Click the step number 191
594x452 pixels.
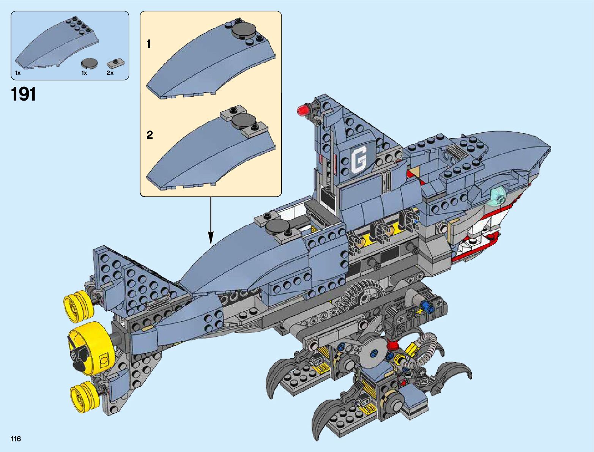tap(24, 94)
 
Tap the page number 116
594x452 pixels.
tap(16, 439)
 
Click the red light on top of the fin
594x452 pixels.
tap(303, 110)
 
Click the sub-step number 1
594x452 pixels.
tap(148, 44)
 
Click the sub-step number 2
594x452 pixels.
tap(150, 135)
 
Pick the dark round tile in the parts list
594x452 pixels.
tap(89, 63)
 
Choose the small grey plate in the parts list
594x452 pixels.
tap(114, 62)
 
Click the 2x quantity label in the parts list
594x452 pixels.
tap(110, 73)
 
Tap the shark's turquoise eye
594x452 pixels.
tap(498, 196)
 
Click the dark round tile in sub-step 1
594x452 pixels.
tap(244, 30)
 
